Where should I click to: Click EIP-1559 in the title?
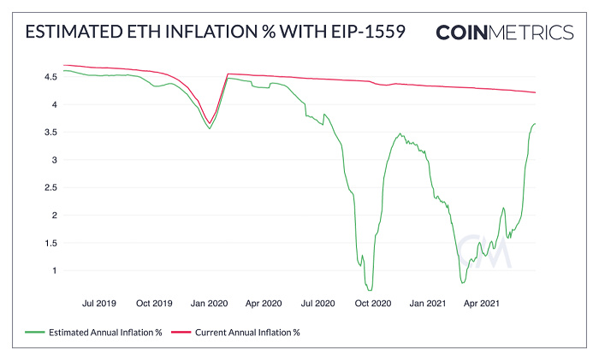[x=362, y=32]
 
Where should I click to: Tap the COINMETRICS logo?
[x=504, y=32]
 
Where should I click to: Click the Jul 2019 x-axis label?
[x=101, y=303]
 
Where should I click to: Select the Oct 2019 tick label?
[x=155, y=303]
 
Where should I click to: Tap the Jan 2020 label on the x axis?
[x=209, y=303]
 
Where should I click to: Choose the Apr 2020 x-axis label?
[x=264, y=303]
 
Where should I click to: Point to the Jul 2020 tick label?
[x=318, y=303]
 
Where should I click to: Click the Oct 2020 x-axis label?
[x=373, y=303]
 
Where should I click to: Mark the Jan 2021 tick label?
[x=428, y=303]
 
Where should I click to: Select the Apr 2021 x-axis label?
[x=482, y=303]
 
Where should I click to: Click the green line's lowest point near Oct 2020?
[x=370, y=290]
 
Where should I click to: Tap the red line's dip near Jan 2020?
[x=210, y=123]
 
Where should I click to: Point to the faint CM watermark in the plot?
[x=483, y=250]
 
